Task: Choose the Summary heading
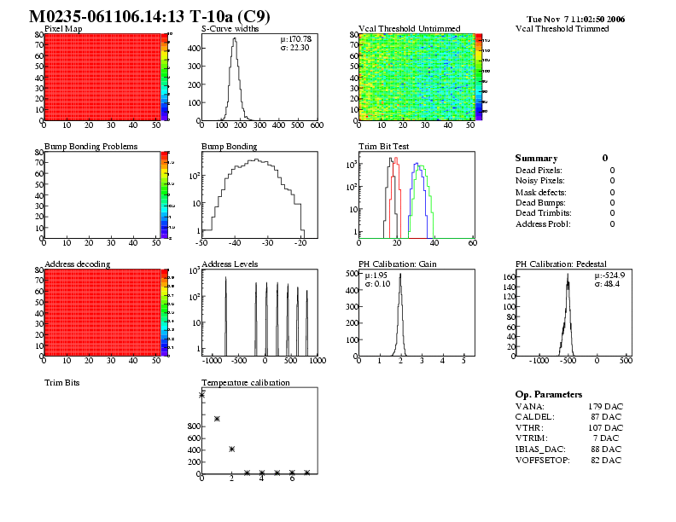536,159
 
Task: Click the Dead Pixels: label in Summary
538,171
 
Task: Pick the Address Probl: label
543,224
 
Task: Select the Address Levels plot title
230,264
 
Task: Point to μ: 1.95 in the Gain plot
376,275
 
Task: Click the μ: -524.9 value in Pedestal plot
609,275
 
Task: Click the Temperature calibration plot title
246,383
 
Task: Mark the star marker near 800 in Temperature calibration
217,419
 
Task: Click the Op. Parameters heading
549,395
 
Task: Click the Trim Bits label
61,383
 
